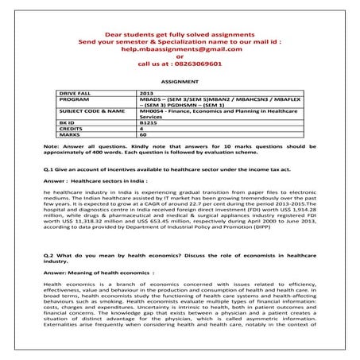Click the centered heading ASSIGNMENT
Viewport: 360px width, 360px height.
tap(180, 82)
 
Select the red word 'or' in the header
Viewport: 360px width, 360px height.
tap(180, 56)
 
